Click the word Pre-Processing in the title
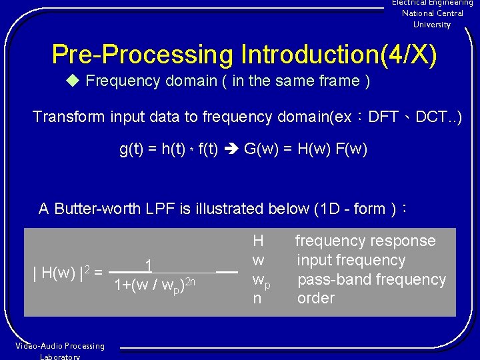click(143, 55)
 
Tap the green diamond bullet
click(73, 81)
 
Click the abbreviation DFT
click(383, 117)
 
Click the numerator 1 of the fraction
click(150, 266)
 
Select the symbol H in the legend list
click(258, 241)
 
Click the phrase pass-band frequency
click(371, 279)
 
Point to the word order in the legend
click(315, 298)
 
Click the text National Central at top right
click(432, 13)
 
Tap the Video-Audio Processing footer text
click(59, 346)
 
